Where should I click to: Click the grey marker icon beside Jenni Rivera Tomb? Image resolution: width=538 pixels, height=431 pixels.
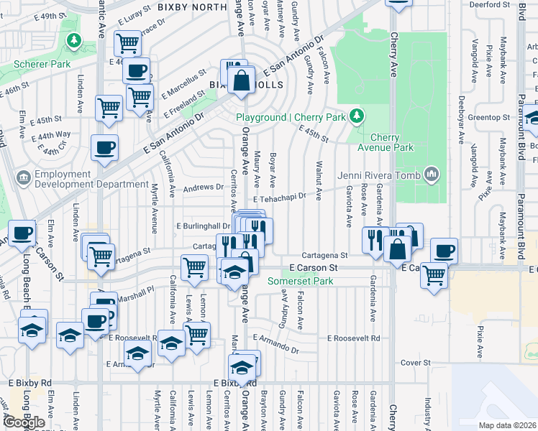click(x=432, y=173)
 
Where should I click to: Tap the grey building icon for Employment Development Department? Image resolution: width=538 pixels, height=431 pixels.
click(x=23, y=176)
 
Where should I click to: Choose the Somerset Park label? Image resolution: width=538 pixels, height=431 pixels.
click(x=301, y=281)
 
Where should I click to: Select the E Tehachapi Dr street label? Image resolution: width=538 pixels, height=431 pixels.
click(x=280, y=195)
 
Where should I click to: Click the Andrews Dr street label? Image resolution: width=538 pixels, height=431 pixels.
click(x=204, y=187)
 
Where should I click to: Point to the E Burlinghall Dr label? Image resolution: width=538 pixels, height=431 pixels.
click(x=204, y=226)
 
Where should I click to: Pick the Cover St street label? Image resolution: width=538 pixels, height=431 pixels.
click(x=415, y=363)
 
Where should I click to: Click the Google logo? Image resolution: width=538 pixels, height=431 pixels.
click(x=24, y=422)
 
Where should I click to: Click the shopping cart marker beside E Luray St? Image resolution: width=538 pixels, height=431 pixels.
click(x=127, y=42)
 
